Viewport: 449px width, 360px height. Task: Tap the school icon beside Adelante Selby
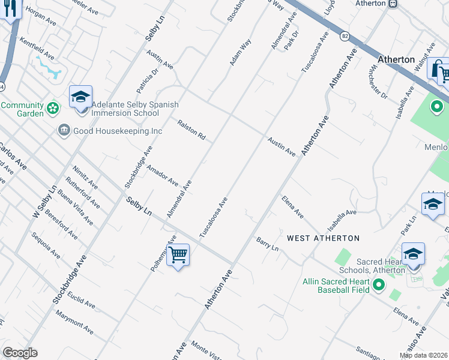click(80, 97)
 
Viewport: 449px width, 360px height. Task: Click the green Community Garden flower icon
click(53, 109)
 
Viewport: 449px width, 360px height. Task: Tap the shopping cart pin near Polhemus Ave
click(178, 255)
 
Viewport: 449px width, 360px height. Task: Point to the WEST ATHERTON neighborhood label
click(323, 238)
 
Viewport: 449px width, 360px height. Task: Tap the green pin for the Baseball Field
click(378, 285)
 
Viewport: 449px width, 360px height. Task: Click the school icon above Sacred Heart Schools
click(413, 254)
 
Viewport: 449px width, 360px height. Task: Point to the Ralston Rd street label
click(191, 130)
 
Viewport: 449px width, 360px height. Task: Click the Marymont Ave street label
click(75, 322)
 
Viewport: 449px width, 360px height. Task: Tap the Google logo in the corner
click(20, 353)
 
